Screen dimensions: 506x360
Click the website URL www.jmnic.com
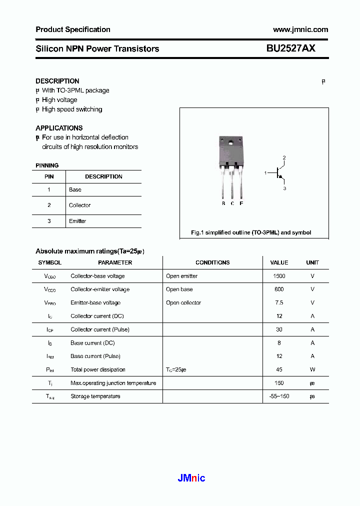(x=300, y=29)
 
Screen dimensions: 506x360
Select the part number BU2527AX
(x=290, y=48)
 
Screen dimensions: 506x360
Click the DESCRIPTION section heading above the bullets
(x=57, y=81)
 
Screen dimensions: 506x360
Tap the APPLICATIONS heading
(x=59, y=128)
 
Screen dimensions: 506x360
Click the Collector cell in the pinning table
(x=80, y=205)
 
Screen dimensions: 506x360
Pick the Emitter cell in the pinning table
(x=77, y=221)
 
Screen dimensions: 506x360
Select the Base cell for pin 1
(x=75, y=190)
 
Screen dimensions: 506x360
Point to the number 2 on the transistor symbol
(x=284, y=158)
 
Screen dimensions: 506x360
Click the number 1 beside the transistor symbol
(x=265, y=173)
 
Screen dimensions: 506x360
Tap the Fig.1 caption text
(x=251, y=232)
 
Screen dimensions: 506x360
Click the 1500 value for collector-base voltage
(x=279, y=276)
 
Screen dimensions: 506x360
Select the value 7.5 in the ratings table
(x=279, y=303)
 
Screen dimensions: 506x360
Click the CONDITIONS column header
(x=212, y=262)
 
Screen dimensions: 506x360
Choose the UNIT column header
(x=312, y=262)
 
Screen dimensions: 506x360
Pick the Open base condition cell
(x=179, y=289)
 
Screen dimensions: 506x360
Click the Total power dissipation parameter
(x=98, y=370)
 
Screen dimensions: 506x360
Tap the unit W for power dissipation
(x=312, y=370)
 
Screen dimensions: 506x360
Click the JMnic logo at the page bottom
(x=191, y=478)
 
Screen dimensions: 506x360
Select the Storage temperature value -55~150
(x=279, y=396)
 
